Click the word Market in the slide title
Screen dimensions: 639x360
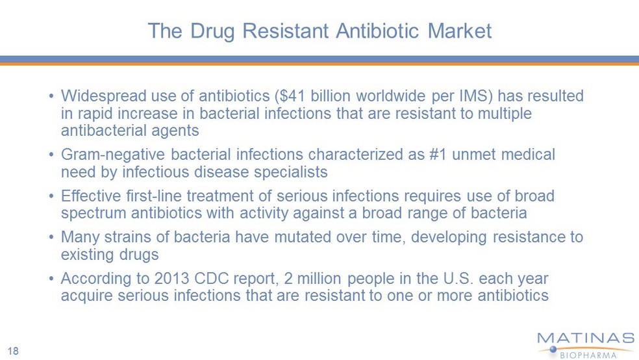pyautogui.click(x=459, y=31)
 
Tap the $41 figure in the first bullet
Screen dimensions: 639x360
pyautogui.click(x=290, y=96)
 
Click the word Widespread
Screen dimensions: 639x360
pyautogui.click(x=103, y=96)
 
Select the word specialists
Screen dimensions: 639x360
pyautogui.click(x=290, y=172)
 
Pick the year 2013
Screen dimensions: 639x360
pyautogui.click(x=171, y=279)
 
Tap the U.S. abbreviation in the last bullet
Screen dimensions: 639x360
pyautogui.click(x=458, y=279)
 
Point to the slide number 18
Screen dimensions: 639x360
pyautogui.click(x=13, y=351)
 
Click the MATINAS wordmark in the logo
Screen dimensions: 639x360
pyautogui.click(x=586, y=339)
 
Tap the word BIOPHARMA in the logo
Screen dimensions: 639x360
pyautogui.click(x=588, y=355)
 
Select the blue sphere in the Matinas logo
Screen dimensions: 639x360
pyautogui.click(x=553, y=349)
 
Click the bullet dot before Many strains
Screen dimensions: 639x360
pyautogui.click(x=51, y=237)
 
